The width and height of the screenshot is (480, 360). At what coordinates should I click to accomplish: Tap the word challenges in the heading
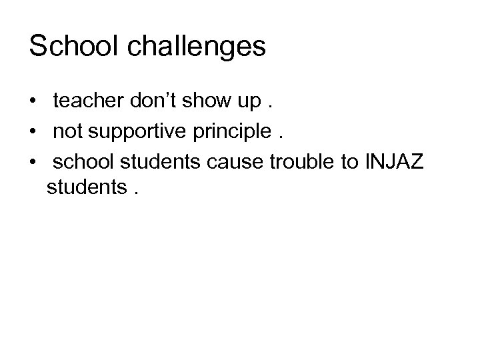(x=195, y=47)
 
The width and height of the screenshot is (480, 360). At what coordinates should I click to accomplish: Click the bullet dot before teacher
(x=33, y=102)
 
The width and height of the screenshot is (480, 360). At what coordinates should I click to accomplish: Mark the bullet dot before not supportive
(x=33, y=133)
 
